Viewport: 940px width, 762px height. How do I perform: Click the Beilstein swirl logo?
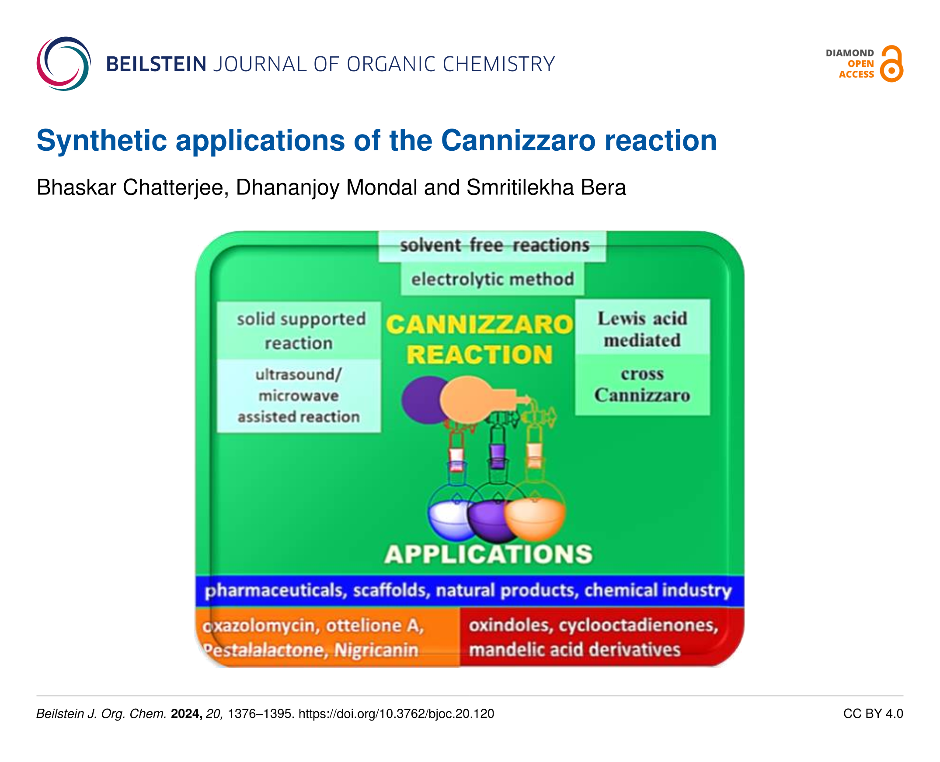[64, 64]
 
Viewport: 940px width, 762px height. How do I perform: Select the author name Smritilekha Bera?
[546, 187]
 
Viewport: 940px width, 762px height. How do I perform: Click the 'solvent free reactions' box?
[492, 246]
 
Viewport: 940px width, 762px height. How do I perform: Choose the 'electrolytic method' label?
[492, 279]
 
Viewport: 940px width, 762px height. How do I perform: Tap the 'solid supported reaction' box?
[299, 330]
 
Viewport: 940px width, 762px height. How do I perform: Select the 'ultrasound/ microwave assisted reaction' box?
[299, 396]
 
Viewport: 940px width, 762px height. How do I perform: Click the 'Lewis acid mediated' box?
[643, 327]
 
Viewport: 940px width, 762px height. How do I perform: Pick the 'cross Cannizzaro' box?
[643, 385]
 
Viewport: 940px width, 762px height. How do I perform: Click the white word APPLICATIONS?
[488, 554]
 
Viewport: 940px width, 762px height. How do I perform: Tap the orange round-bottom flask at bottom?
[535, 518]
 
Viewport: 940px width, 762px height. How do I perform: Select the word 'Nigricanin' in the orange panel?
[376, 650]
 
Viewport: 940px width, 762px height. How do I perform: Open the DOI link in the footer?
[396, 714]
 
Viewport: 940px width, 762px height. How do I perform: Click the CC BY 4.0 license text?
[873, 714]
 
